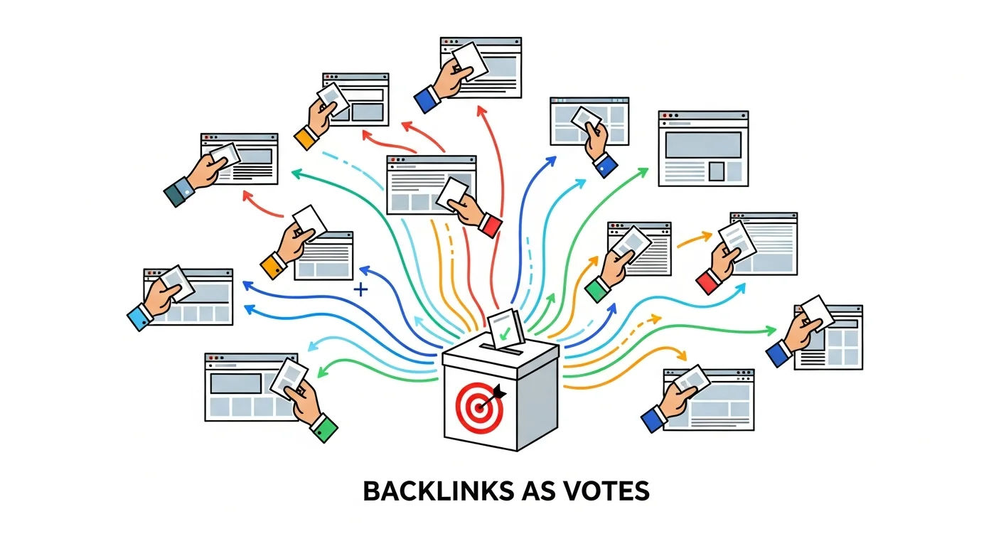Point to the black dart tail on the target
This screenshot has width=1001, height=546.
click(x=500, y=390)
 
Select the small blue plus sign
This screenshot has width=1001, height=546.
click(x=361, y=289)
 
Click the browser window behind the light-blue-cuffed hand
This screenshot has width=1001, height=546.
click(x=203, y=299)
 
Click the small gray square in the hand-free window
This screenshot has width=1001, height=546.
click(x=716, y=171)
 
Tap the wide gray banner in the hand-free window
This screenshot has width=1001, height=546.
click(x=702, y=144)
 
